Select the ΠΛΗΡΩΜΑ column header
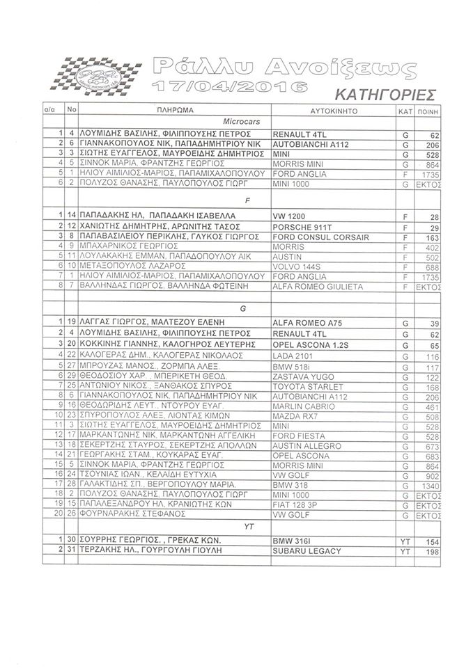(x=174, y=111)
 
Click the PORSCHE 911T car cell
(x=300, y=228)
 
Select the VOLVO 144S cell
(x=297, y=266)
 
